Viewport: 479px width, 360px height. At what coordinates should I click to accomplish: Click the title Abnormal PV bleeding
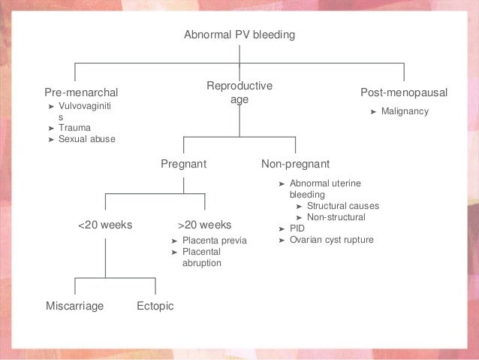click(239, 35)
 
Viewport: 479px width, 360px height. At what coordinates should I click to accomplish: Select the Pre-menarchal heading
click(81, 92)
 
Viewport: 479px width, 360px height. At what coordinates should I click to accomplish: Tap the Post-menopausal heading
click(404, 92)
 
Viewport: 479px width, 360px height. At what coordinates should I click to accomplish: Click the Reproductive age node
click(239, 93)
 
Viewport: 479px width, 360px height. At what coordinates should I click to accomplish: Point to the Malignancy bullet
click(404, 111)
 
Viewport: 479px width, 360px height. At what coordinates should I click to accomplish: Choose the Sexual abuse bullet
click(87, 139)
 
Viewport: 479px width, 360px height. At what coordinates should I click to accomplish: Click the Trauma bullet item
click(75, 128)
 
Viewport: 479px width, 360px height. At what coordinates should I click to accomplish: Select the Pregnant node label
click(183, 164)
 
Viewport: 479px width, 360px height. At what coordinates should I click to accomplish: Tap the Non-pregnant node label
click(295, 164)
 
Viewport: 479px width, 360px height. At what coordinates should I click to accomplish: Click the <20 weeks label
click(105, 225)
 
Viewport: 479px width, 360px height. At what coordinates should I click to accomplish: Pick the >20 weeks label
click(204, 225)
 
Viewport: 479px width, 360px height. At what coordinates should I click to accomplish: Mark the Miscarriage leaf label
click(74, 306)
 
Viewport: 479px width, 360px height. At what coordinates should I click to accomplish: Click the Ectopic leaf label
click(155, 306)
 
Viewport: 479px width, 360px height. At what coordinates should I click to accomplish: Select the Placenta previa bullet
click(214, 241)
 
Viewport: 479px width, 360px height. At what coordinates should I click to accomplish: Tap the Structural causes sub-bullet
click(343, 206)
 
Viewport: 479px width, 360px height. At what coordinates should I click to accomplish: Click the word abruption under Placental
click(202, 264)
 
